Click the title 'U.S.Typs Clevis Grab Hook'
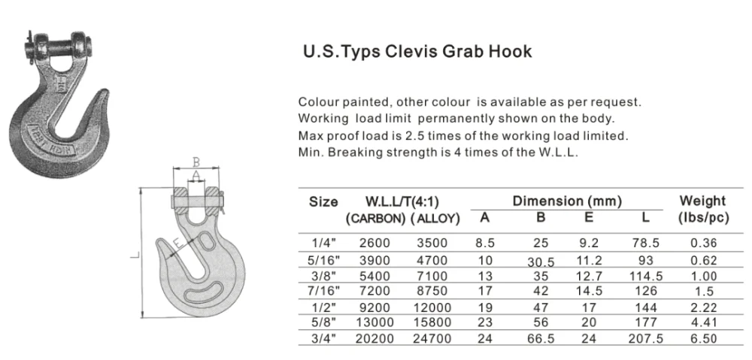[x=417, y=52]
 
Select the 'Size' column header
[x=323, y=201]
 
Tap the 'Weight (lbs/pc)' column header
[x=702, y=209]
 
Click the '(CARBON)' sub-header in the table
[x=374, y=219]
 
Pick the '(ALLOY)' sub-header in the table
[x=435, y=219]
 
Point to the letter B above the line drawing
[x=195, y=161]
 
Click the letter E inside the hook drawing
[x=177, y=244]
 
